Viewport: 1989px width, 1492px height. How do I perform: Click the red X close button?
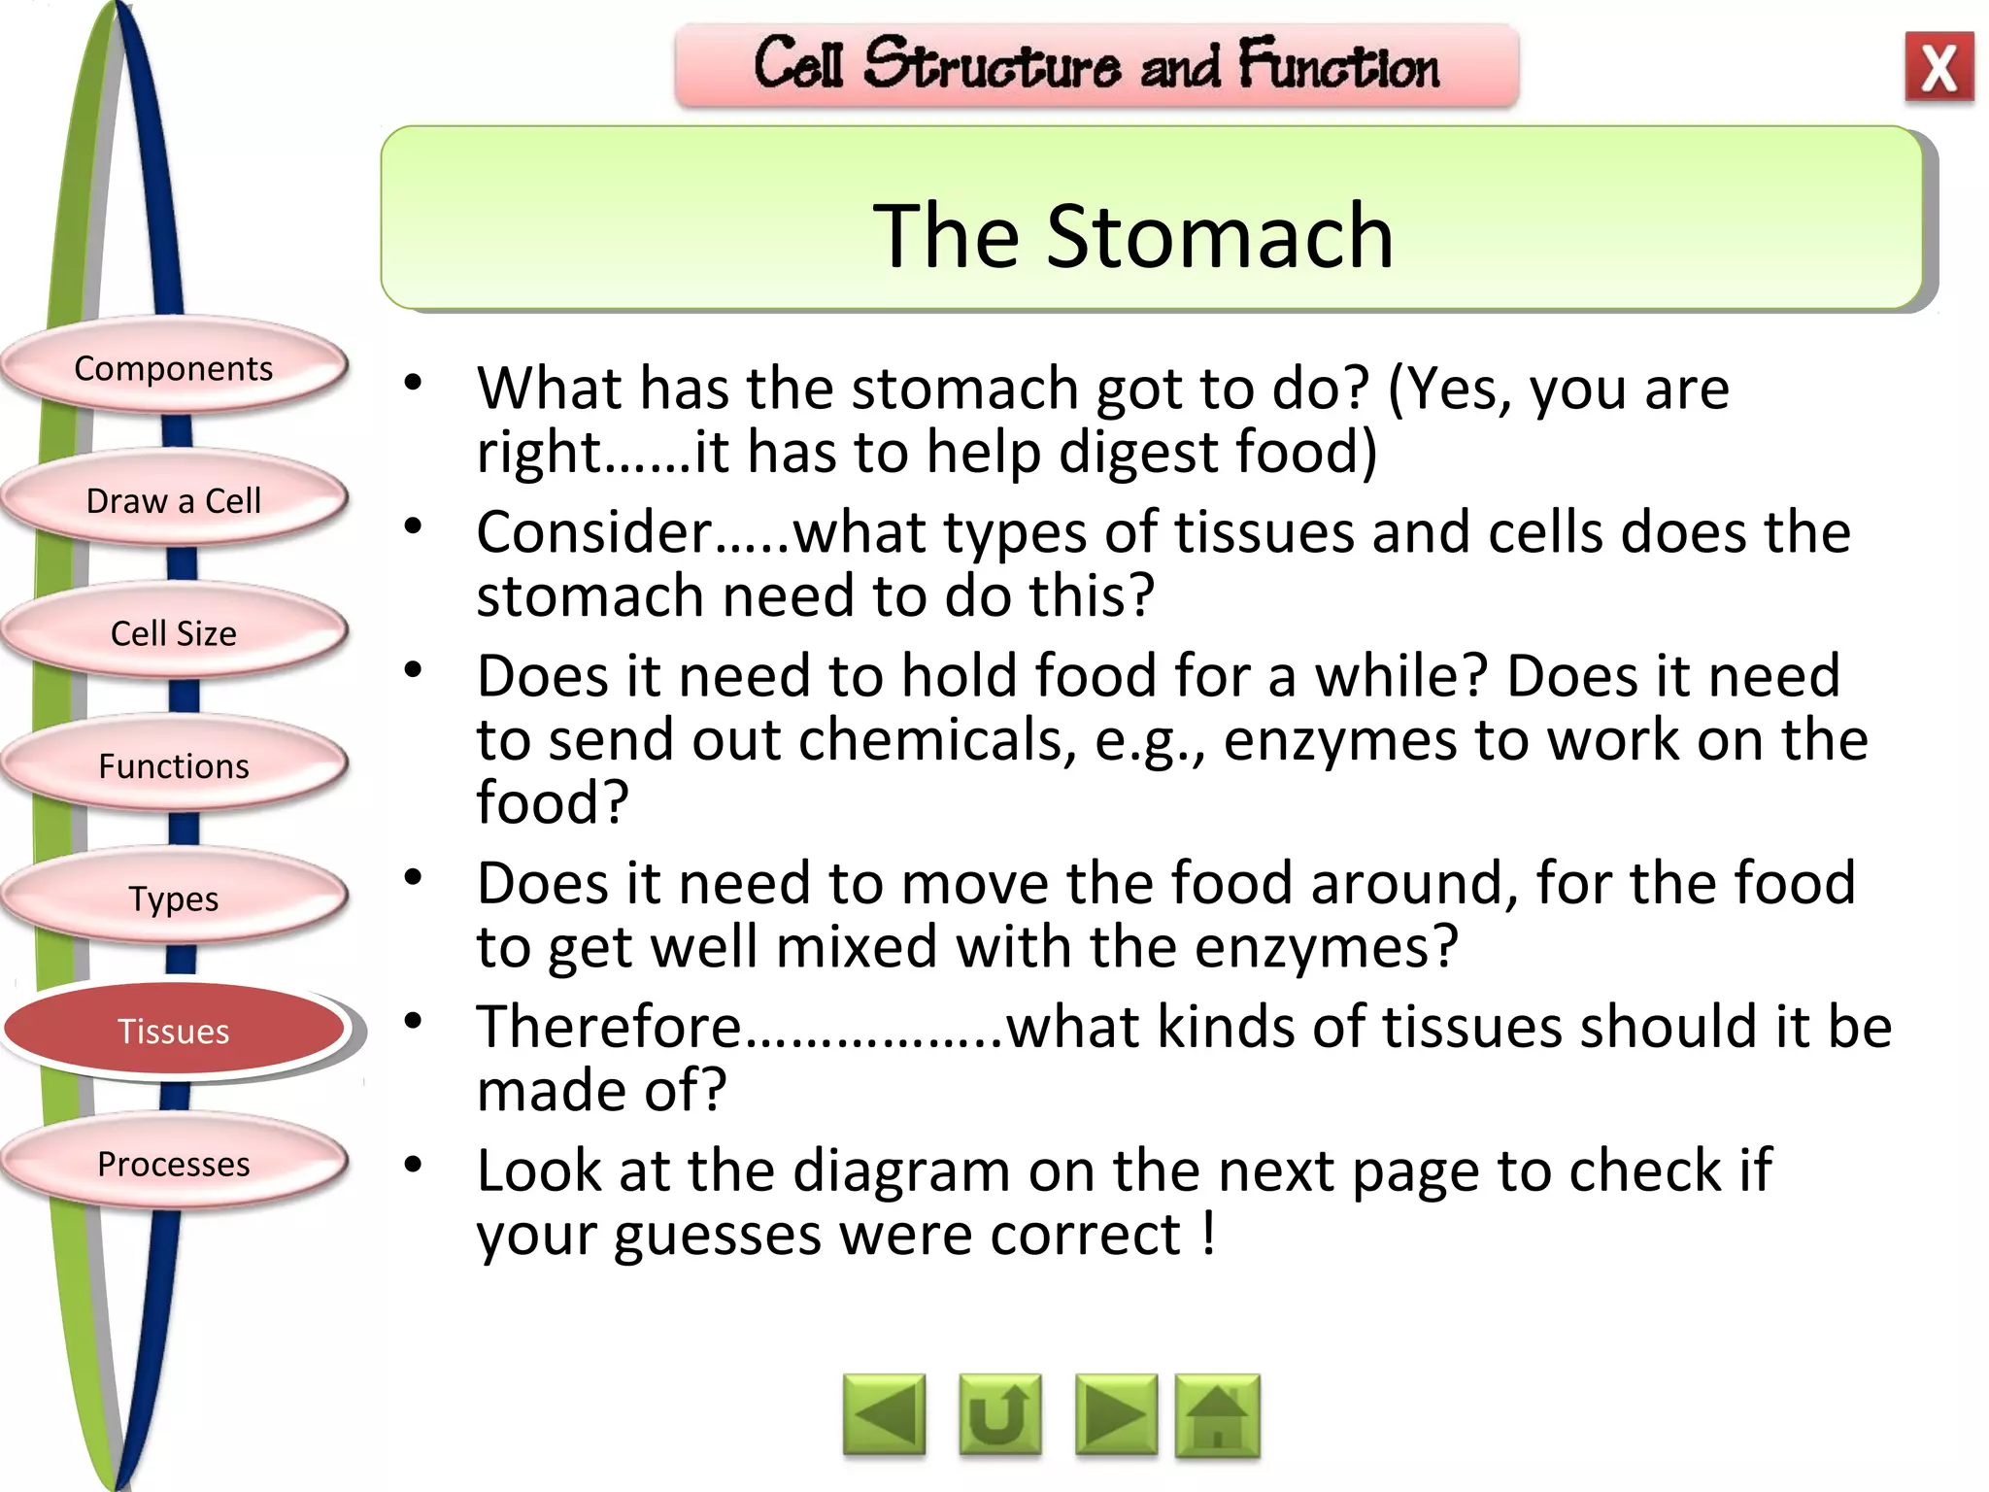point(1938,67)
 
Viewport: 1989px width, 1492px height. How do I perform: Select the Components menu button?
point(174,368)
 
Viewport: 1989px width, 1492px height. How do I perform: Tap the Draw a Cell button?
point(174,500)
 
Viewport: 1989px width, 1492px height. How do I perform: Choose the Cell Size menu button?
point(174,633)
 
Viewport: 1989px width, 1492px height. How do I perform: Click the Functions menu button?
point(174,765)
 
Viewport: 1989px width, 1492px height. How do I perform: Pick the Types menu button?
point(174,899)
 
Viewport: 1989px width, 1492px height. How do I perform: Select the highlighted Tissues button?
point(174,1031)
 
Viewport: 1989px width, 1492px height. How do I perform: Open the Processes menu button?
point(174,1163)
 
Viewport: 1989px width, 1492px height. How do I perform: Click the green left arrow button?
point(884,1415)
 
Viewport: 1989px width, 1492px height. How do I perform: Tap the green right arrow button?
point(1116,1415)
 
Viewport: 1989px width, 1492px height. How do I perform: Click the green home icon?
point(1217,1415)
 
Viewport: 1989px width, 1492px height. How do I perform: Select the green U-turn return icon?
point(999,1415)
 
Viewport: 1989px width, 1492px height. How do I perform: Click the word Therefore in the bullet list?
point(609,1027)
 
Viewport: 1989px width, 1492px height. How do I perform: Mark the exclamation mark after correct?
point(1208,1234)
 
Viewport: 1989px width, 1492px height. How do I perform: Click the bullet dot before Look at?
point(414,1164)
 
